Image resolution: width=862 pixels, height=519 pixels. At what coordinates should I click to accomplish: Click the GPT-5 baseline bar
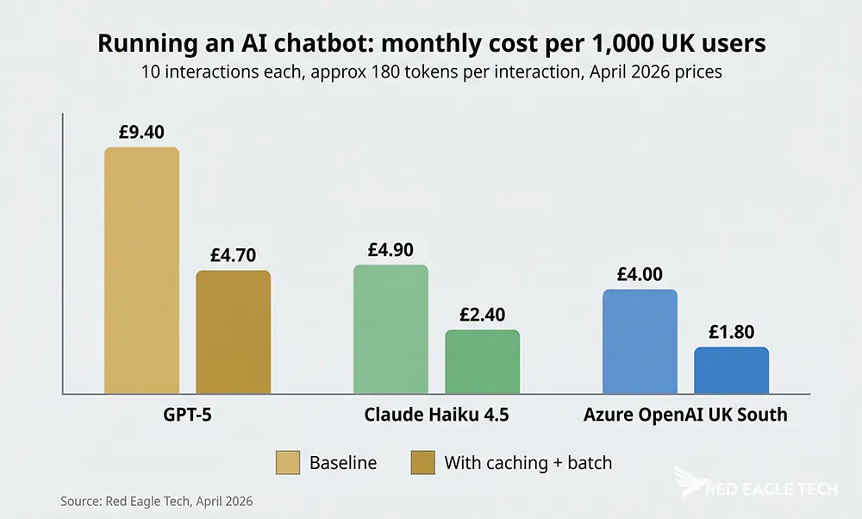[x=141, y=271]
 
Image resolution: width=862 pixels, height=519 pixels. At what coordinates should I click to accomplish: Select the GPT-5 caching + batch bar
[x=233, y=332]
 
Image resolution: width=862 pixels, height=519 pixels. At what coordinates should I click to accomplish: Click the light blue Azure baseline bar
[x=640, y=341]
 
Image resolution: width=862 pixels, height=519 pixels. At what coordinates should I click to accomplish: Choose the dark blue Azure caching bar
[x=731, y=371]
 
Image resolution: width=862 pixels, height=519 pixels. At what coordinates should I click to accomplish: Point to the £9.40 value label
[x=141, y=132]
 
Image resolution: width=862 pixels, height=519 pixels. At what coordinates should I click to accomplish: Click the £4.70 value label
[x=233, y=255]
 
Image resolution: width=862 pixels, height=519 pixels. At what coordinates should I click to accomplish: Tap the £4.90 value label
[x=390, y=250]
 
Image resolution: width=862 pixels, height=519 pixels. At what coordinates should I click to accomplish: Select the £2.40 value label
[x=482, y=315]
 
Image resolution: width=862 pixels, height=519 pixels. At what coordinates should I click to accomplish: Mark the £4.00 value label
[x=640, y=275]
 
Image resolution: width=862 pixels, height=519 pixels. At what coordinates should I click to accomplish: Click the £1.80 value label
[x=731, y=332]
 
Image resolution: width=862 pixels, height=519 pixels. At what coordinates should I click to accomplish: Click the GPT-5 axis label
[x=187, y=415]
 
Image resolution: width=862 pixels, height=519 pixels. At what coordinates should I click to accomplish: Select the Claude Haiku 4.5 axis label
[x=436, y=415]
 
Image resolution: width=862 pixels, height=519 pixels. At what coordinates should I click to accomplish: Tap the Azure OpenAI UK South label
[x=685, y=415]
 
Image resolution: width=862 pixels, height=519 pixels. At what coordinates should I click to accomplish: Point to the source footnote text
[x=156, y=501]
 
